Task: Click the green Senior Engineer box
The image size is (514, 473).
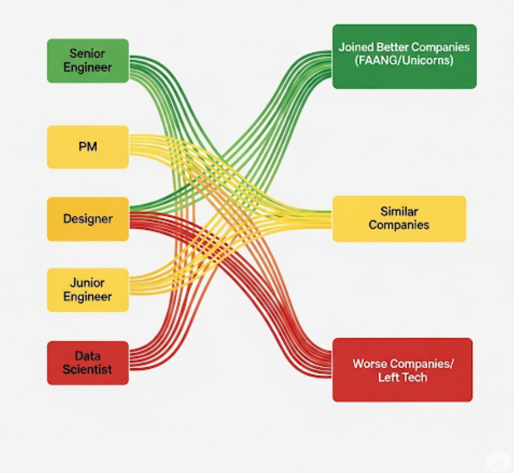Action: pos(88,60)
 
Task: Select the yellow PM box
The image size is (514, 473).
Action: pos(88,146)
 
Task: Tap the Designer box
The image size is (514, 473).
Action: pos(88,219)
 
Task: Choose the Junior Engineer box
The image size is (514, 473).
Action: pos(88,290)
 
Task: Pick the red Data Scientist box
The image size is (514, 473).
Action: pos(88,363)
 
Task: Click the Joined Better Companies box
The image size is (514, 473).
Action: pos(404,56)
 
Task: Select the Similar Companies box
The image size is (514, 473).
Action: pos(399,218)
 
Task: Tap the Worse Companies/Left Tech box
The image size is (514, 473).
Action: pos(402,370)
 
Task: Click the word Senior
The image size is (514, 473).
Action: pos(87,54)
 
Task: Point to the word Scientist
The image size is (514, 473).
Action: pos(87,370)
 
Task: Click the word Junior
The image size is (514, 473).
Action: pos(87,282)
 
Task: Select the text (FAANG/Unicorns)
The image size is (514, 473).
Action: pos(404,60)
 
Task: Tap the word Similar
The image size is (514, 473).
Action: pos(399,212)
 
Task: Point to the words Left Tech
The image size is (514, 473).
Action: pos(402,377)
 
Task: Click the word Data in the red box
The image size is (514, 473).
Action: pos(87,356)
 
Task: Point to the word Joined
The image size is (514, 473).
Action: pos(354,47)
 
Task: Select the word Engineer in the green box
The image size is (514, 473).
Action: pos(87,67)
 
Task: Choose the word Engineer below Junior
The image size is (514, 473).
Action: pos(87,297)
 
